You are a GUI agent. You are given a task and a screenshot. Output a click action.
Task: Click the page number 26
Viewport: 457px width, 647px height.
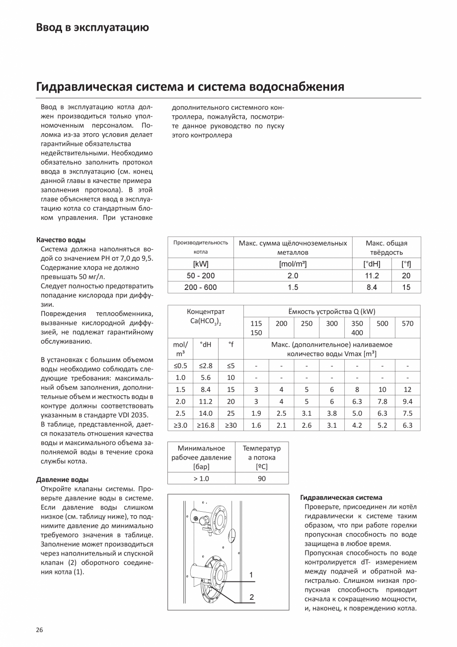[x=39, y=630]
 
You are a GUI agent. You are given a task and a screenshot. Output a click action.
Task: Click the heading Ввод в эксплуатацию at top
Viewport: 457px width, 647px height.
[x=92, y=27]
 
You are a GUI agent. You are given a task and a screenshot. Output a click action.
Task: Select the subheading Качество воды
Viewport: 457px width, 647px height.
[x=61, y=240]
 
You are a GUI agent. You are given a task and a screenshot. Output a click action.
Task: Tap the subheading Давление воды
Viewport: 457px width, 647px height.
[x=63, y=480]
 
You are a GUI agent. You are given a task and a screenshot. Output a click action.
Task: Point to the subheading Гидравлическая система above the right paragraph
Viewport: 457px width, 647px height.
[x=342, y=497]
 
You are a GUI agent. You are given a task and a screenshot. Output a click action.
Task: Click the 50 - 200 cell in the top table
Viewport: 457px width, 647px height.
[x=200, y=276]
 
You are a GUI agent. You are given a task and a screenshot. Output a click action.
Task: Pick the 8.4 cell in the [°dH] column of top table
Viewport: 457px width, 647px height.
[x=372, y=287]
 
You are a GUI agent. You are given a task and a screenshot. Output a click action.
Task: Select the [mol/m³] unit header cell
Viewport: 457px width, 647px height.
[x=293, y=264]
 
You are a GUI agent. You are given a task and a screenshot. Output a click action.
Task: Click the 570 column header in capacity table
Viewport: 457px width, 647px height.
[x=407, y=323]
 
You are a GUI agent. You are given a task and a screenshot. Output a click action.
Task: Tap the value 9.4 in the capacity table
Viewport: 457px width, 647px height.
[x=407, y=401]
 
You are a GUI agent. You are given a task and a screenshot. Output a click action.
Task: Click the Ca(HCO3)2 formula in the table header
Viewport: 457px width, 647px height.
[x=206, y=321]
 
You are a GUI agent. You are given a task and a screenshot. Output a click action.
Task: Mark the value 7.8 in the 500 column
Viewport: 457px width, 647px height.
[x=382, y=401]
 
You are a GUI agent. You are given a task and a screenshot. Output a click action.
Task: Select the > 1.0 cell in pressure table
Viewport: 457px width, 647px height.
[x=201, y=478]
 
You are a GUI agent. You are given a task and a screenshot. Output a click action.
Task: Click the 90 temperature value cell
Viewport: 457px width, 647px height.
[x=262, y=478]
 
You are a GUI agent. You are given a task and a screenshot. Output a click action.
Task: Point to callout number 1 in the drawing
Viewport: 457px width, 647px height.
[x=251, y=575]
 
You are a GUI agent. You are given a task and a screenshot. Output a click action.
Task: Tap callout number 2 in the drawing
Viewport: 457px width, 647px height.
[x=251, y=597]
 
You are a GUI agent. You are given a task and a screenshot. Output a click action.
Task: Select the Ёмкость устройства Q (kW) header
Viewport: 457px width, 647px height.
[x=332, y=312]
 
